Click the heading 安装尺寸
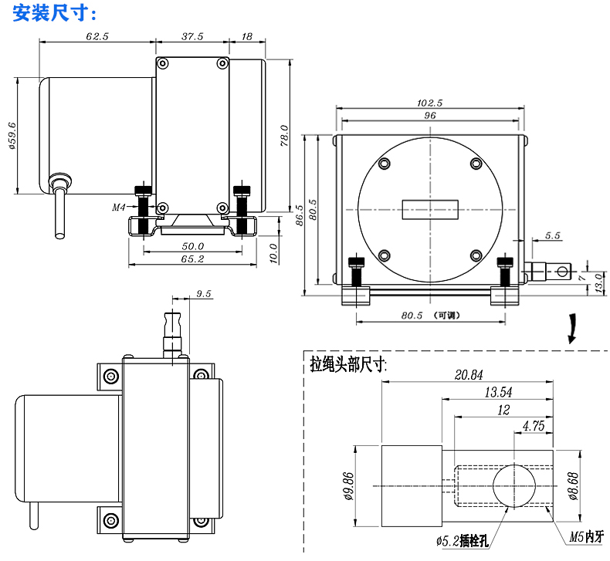[x=51, y=13]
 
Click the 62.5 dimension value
[x=97, y=36]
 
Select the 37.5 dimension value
[x=192, y=36]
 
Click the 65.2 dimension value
[x=191, y=259]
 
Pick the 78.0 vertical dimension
[x=283, y=136]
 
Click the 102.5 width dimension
[x=429, y=103]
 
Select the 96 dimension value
[x=430, y=115]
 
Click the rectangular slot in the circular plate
[x=429, y=209]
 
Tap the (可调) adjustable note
[x=447, y=315]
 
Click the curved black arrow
[x=571, y=327]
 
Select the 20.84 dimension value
[x=469, y=375]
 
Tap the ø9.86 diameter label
[x=348, y=485]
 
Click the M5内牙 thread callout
[x=585, y=536]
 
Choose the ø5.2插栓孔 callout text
[x=462, y=541]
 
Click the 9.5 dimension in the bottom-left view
[x=204, y=294]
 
